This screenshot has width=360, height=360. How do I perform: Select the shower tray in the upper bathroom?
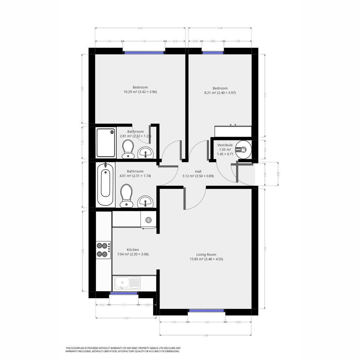point(106,143)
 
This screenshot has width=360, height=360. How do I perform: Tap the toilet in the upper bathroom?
point(128,149)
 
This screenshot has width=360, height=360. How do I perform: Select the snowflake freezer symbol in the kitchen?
point(148,220)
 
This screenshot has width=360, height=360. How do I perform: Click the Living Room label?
point(206,254)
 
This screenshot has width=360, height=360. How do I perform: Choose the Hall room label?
point(198,171)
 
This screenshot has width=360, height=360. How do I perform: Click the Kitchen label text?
point(133,250)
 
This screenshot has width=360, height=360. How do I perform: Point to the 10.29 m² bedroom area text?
point(140,92)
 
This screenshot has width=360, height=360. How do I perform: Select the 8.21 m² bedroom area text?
point(220,93)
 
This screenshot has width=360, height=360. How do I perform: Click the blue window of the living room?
point(206,311)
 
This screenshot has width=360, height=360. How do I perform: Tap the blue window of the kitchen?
point(124,293)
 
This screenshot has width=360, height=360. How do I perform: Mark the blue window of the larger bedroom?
point(144,52)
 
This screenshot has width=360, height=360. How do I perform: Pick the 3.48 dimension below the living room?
point(205,335)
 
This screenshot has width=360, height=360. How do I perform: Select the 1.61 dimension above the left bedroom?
point(144,41)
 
